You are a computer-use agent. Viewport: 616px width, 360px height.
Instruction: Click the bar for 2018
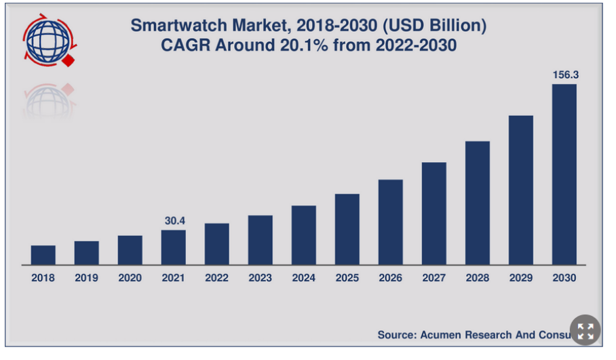pos(43,255)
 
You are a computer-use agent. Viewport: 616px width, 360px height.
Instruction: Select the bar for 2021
pos(173,247)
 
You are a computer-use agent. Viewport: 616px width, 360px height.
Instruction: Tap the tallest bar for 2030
pos(564,174)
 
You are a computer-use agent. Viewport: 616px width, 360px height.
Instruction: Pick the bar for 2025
pos(347,229)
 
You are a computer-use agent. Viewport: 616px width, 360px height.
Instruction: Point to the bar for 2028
pos(477,203)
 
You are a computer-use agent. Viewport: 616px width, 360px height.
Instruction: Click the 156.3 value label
pos(564,75)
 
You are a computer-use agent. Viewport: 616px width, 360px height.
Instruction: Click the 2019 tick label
pos(86,278)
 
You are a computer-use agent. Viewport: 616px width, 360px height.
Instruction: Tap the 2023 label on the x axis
pos(260,278)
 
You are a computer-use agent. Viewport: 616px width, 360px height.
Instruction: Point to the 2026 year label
pos(390,278)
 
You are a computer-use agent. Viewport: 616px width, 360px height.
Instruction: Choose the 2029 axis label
pos(520,278)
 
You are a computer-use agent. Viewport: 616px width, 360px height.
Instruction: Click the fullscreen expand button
pos(585,332)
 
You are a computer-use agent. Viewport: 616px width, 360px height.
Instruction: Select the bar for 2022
pos(216,244)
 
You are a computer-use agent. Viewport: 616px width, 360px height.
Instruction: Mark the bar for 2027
pos(434,214)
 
